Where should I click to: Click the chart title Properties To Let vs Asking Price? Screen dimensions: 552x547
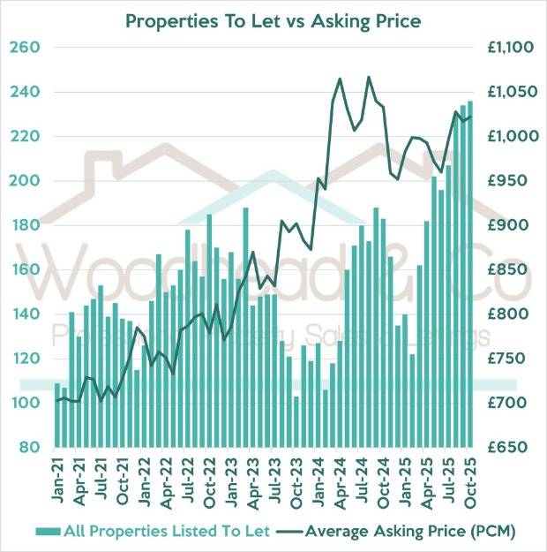click(273, 19)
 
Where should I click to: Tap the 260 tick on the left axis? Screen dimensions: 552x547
click(30, 47)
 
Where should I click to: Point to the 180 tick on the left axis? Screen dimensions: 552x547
click(30, 225)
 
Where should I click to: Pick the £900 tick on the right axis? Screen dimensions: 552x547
click(506, 225)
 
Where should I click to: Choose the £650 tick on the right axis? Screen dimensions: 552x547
click(506, 448)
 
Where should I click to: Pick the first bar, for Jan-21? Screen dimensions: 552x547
click(57, 415)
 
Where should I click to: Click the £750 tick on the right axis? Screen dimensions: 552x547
click(506, 359)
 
